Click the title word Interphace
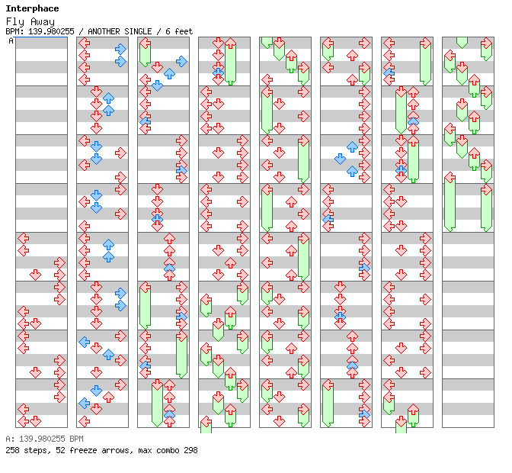[32, 8]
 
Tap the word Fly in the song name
[15, 22]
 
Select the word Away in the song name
[43, 21]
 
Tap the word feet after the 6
[184, 31]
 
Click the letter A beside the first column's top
[11, 40]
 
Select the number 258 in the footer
[12, 450]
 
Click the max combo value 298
[190, 450]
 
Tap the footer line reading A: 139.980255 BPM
[44, 439]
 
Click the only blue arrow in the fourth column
[218, 72]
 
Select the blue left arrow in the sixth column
[328, 219]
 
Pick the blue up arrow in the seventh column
[413, 121]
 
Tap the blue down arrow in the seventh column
[401, 170]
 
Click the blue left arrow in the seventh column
[389, 72]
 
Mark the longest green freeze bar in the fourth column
[230, 62]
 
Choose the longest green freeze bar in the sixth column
[328, 405]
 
